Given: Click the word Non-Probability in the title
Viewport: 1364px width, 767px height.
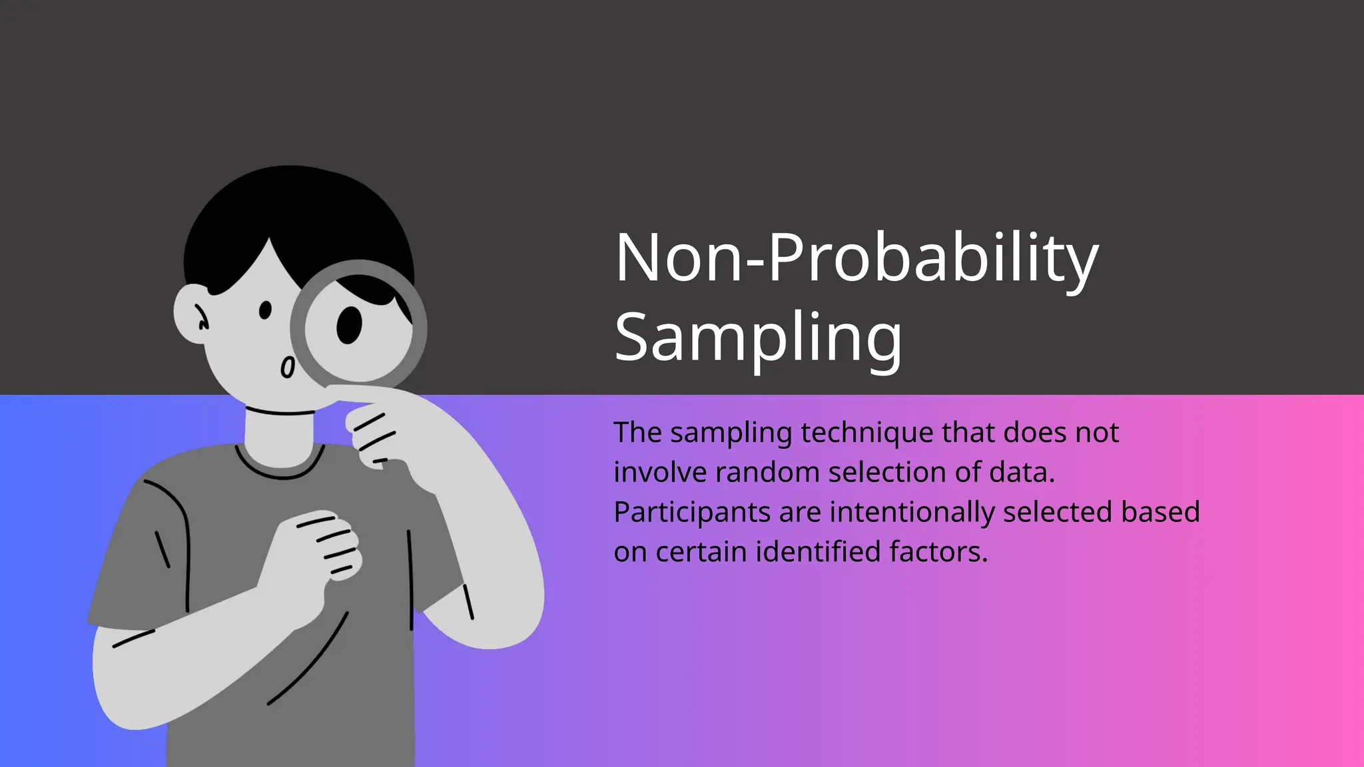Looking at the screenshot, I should (856, 258).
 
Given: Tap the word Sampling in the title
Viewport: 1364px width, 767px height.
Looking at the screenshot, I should (758, 338).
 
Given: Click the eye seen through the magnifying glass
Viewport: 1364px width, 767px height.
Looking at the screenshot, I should (349, 325).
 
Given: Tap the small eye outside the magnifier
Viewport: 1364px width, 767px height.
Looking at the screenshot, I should (265, 310).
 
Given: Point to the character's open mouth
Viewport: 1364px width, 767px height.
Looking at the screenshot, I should (287, 368).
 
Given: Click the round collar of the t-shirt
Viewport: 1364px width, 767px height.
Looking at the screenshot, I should (280, 470).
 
